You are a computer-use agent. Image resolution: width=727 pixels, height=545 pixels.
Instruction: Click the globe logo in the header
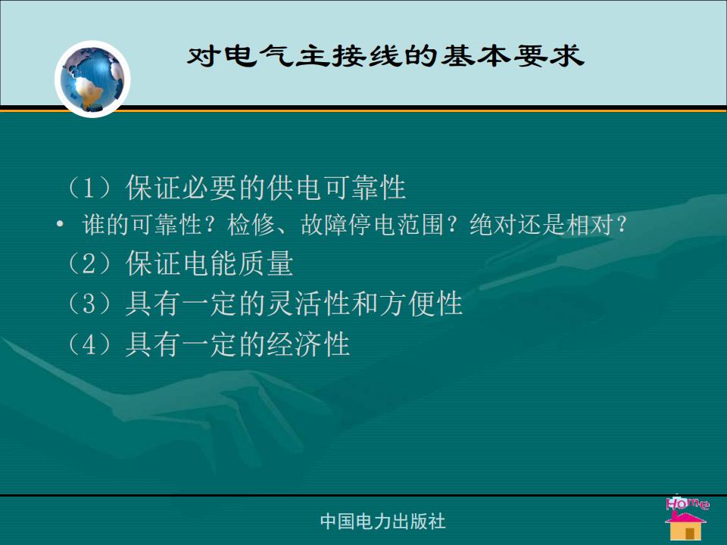tap(92, 79)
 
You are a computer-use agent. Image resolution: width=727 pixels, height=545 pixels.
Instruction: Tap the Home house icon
tap(686, 525)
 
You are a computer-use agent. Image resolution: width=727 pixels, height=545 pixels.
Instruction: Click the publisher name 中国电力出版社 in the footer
tap(383, 522)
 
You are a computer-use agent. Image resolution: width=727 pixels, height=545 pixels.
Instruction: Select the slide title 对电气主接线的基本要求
tap(385, 55)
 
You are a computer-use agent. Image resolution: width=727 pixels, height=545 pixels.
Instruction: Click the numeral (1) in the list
tap(89, 188)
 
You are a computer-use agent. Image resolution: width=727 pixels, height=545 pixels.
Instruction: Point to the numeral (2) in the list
tap(89, 263)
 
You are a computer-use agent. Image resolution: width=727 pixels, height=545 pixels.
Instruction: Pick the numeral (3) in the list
tap(89, 304)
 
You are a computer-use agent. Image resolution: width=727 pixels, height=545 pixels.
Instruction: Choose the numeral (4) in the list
tap(89, 344)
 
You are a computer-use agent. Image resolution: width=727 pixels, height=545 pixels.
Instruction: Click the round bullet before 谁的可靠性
tap(59, 225)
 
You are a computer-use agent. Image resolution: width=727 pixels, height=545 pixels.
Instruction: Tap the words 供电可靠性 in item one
tap(335, 188)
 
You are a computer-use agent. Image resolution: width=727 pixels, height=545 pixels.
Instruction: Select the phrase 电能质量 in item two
tap(238, 263)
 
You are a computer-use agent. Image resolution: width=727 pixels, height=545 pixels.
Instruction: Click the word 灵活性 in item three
tap(308, 304)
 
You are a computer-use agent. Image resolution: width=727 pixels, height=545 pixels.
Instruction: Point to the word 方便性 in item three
tap(420, 304)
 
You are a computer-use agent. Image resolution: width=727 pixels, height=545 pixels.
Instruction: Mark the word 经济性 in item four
tap(308, 344)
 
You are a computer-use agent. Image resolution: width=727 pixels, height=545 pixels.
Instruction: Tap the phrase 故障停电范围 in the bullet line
tap(373, 225)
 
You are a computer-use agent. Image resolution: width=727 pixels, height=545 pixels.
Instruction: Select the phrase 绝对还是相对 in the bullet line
tap(541, 225)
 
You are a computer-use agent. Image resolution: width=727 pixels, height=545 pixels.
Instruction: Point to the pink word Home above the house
tap(687, 503)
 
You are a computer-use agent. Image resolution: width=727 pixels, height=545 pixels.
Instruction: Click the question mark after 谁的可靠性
tap(211, 225)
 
